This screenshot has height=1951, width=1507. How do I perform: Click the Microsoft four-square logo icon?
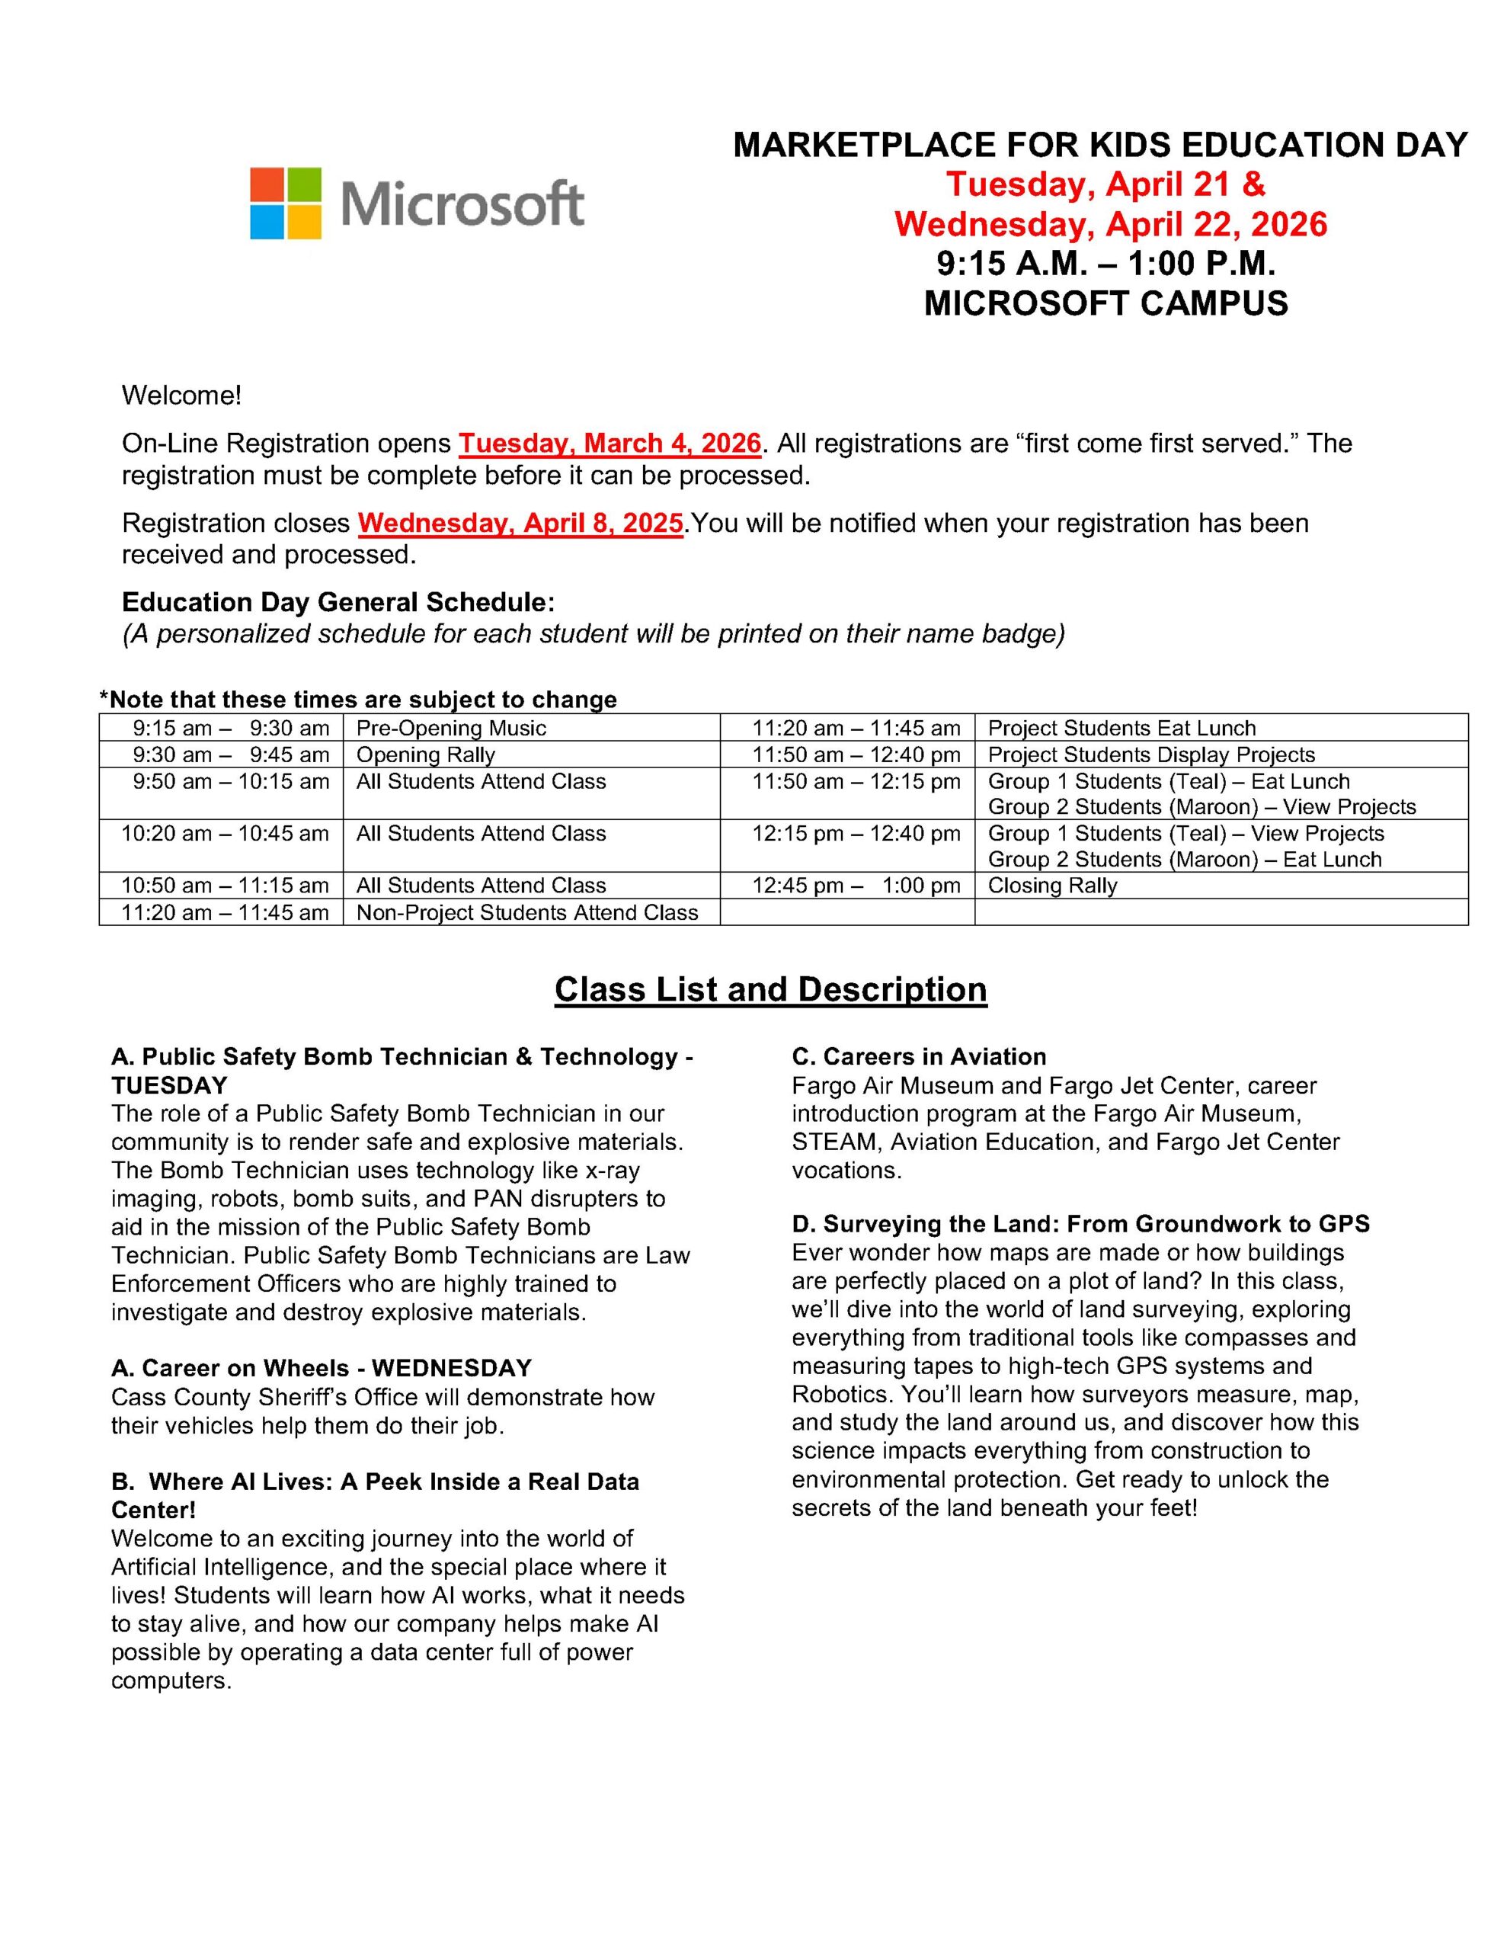284,203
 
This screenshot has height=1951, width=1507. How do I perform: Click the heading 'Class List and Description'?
770,990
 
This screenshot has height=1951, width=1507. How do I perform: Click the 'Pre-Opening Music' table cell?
451,728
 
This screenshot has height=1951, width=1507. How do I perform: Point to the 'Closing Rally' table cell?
1051,886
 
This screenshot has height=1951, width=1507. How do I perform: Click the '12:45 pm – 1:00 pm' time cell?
855,886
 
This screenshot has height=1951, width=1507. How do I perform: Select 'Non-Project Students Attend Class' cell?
527,912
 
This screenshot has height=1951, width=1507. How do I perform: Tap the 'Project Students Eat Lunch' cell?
1121,728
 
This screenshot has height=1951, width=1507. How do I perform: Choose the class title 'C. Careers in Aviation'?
918,1057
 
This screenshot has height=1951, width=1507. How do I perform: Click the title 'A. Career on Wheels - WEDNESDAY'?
321,1369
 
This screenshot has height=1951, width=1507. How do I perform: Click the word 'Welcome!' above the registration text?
181,395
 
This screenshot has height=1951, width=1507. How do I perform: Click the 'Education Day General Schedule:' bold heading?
338,602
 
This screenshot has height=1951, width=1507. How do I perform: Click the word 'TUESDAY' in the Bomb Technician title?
169,1085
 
